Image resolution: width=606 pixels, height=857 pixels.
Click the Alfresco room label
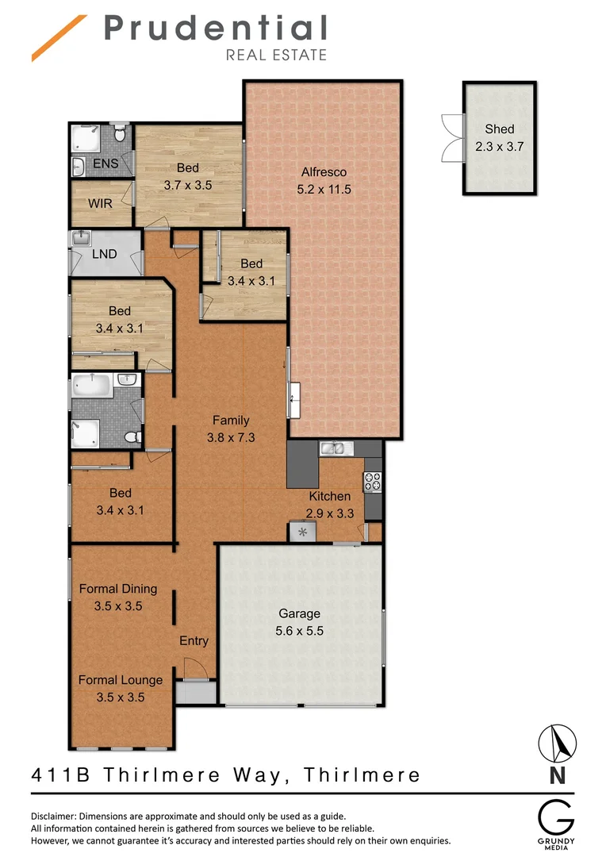click(x=324, y=172)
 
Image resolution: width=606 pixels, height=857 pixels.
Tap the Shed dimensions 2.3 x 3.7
click(x=500, y=146)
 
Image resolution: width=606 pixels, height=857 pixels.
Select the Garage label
click(x=299, y=613)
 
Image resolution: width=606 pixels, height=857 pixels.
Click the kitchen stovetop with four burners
click(x=372, y=481)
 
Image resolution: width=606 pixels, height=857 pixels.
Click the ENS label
click(x=105, y=164)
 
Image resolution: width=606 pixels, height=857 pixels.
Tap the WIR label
click(x=100, y=203)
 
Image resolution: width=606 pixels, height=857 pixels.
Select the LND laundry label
click(x=104, y=255)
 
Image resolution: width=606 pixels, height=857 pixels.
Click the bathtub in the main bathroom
click(x=94, y=386)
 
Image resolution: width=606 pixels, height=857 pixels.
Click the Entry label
click(x=194, y=640)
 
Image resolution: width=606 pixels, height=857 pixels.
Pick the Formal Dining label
click(x=118, y=589)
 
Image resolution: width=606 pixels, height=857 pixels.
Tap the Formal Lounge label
click(x=120, y=680)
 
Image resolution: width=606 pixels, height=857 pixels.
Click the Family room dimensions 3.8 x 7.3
click(x=230, y=437)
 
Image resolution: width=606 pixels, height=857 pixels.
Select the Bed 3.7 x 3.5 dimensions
click(x=188, y=185)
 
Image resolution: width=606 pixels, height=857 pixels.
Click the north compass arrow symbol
click(x=558, y=744)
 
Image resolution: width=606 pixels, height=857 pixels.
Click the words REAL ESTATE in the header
click(x=276, y=55)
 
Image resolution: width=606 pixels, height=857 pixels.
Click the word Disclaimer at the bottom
click(x=58, y=816)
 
